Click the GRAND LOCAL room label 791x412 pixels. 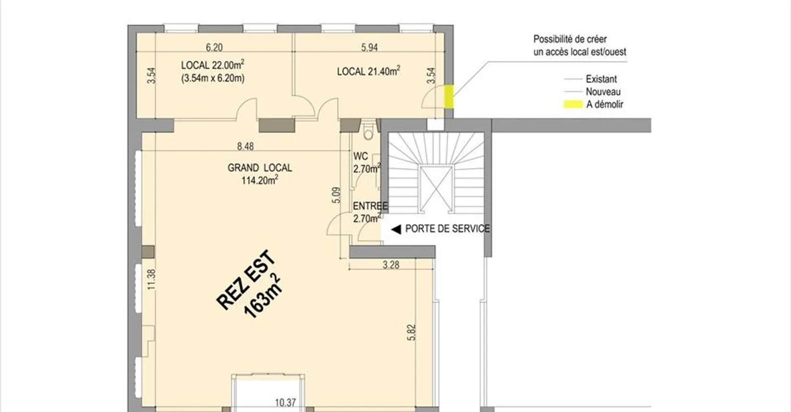[x=259, y=168]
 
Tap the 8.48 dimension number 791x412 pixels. [x=245, y=146]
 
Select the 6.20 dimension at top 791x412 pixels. [x=214, y=47]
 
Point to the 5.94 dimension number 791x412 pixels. [x=369, y=47]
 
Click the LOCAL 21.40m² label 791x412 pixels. [x=368, y=71]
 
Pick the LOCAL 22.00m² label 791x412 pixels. [x=213, y=65]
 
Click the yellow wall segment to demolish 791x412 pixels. [x=448, y=96]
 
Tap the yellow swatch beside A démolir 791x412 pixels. [x=573, y=104]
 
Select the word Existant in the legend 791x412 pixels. [x=601, y=79]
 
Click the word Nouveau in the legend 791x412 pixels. [x=603, y=92]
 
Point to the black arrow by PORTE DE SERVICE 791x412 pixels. [x=396, y=230]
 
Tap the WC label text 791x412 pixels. [x=360, y=156]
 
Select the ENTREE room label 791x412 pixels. [x=370, y=206]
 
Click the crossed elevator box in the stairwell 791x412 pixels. [x=436, y=189]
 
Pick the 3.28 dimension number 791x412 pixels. [x=391, y=265]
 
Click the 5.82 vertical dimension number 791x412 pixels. [x=412, y=332]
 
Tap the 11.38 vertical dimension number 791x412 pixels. [x=151, y=280]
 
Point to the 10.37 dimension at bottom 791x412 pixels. [x=285, y=403]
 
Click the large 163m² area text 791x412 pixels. [x=263, y=296]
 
